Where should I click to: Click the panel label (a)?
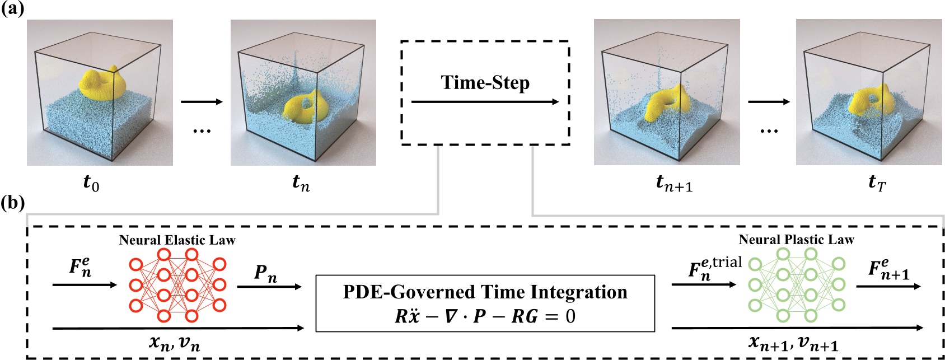[12, 9]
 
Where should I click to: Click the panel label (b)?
[12, 203]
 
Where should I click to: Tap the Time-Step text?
[485, 83]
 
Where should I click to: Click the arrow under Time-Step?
[485, 102]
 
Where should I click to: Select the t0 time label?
[91, 183]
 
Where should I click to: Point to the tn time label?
[301, 183]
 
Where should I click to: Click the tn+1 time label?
[674, 183]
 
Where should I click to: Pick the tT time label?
[877, 183]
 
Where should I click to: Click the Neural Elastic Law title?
[177, 240]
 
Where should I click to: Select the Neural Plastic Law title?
[796, 240]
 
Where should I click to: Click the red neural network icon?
[177, 285]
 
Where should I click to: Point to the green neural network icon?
[797, 285]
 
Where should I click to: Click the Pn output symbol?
[265, 273]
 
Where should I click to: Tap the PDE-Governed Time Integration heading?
[485, 292]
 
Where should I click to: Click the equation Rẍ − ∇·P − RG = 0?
[485, 316]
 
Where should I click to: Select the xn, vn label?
[174, 342]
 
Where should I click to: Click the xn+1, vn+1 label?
[793, 343]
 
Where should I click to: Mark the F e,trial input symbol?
[714, 268]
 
